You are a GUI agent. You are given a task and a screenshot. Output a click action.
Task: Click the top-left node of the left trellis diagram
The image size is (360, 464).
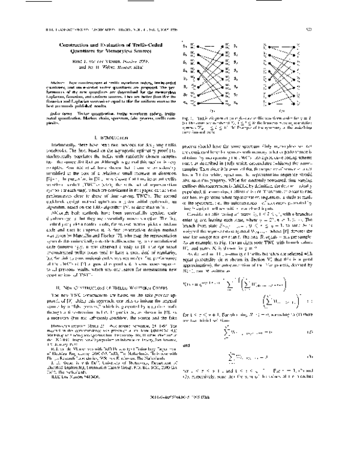tap(199, 46)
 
